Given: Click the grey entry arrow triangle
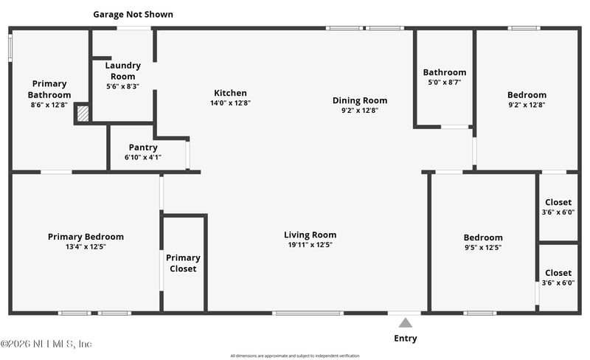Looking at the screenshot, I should (405, 322).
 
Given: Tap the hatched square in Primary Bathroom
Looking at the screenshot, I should (83, 114).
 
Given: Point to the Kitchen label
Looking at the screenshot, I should (230, 93).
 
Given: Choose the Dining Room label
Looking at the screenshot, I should (359, 100).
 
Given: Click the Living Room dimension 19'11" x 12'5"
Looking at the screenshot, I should (310, 245).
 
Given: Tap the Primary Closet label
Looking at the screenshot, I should (183, 263).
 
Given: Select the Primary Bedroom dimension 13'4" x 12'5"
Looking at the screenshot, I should (86, 246).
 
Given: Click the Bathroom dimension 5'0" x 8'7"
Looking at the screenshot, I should (444, 83).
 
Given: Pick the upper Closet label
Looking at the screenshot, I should (558, 203).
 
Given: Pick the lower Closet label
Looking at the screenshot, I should (558, 273).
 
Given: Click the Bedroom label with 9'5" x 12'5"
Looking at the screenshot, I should (483, 238).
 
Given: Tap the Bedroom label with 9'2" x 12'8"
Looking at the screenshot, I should (527, 94).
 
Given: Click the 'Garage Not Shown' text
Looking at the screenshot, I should (133, 14).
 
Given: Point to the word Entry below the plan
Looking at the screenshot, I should (405, 339).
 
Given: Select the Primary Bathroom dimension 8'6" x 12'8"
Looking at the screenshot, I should (49, 105).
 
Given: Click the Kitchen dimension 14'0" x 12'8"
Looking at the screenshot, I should (230, 103).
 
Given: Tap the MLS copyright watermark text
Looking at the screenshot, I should (46, 344).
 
